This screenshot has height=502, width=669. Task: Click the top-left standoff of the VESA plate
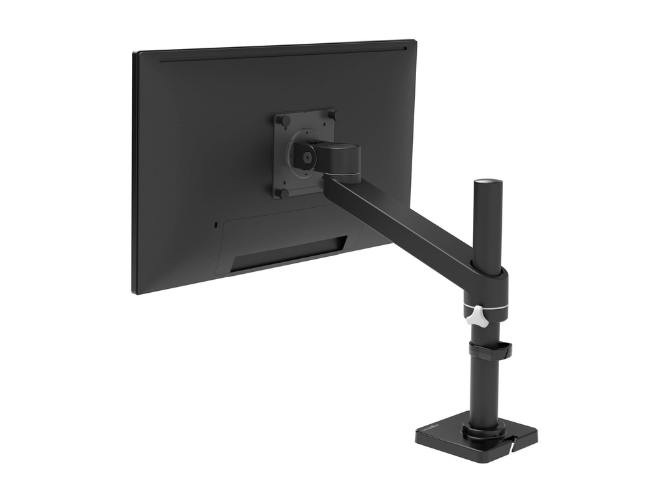coord(283,120)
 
